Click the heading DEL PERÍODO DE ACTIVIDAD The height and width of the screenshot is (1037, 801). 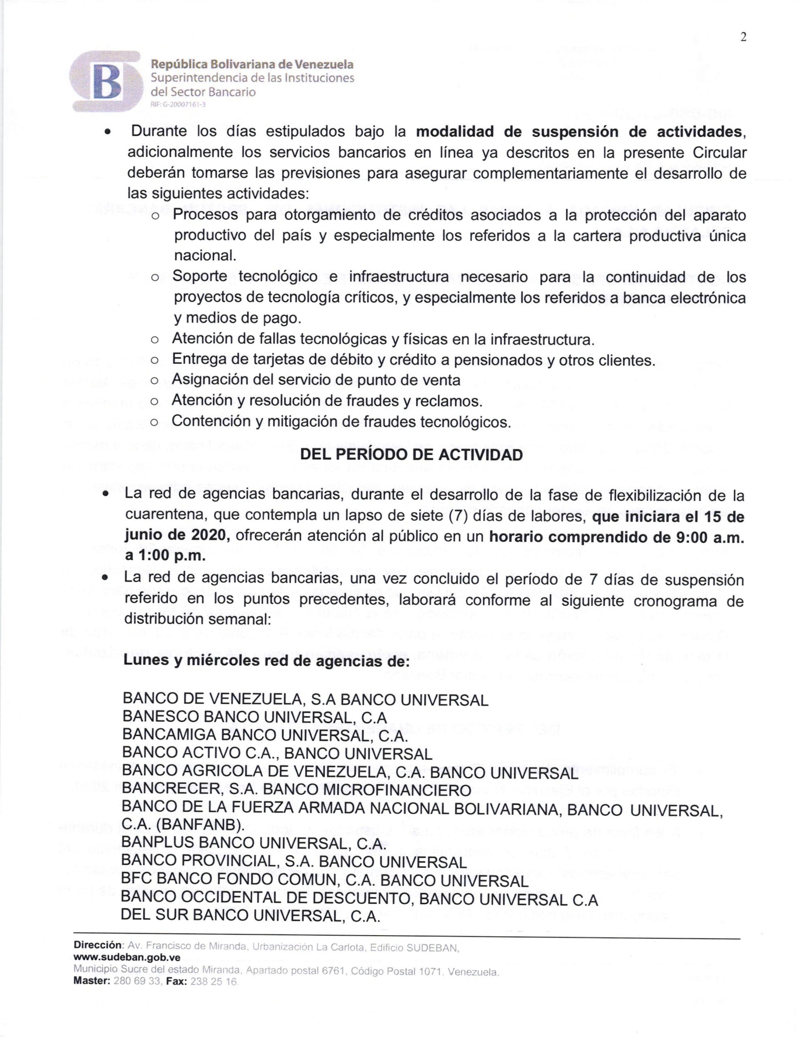click(x=412, y=454)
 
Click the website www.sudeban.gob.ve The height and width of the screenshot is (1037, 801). click(x=127, y=958)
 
